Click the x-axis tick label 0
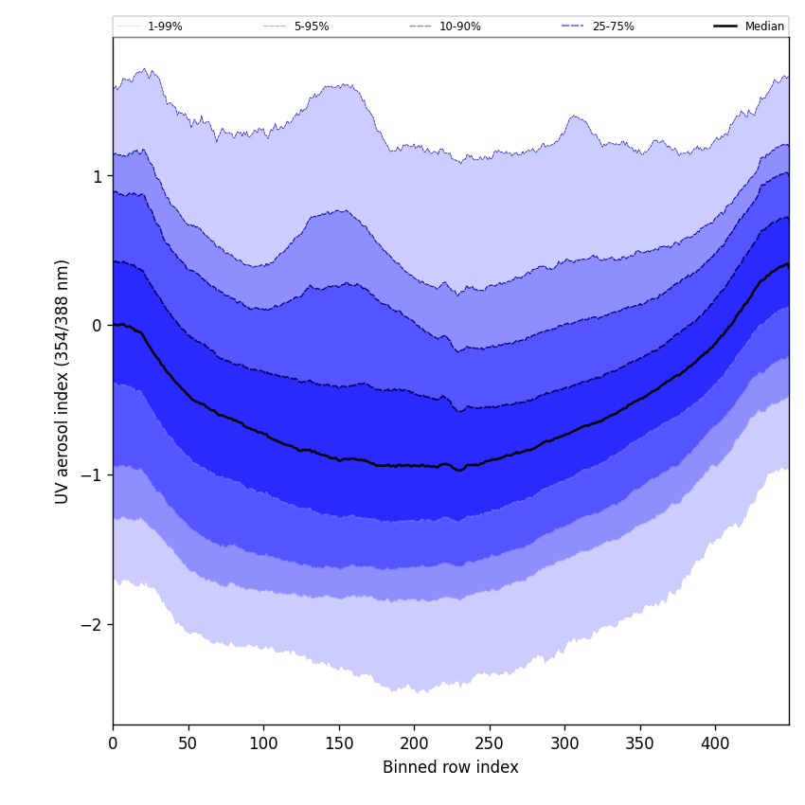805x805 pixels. click(x=113, y=744)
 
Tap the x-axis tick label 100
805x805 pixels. click(x=263, y=744)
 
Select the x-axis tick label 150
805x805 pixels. click(x=339, y=744)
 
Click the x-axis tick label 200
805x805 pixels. click(x=414, y=744)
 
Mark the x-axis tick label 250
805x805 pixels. click(x=490, y=744)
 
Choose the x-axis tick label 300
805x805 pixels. click(x=564, y=744)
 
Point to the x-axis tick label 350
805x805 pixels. click(x=640, y=744)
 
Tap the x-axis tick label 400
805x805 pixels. click(x=715, y=744)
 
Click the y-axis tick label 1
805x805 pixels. click(x=97, y=176)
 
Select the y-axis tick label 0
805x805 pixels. click(x=97, y=326)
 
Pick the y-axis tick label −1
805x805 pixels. click(x=91, y=475)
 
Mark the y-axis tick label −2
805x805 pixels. click(x=91, y=625)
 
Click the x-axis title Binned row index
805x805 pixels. click(x=451, y=768)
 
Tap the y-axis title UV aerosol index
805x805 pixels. click(x=63, y=382)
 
